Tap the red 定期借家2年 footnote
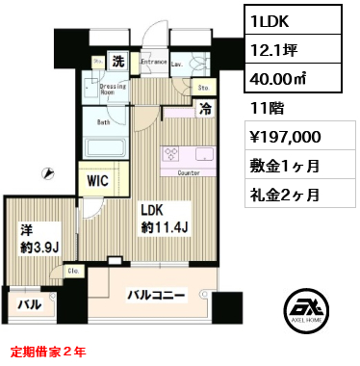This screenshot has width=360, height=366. click(48, 353)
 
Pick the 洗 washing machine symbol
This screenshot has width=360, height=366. click(116, 61)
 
